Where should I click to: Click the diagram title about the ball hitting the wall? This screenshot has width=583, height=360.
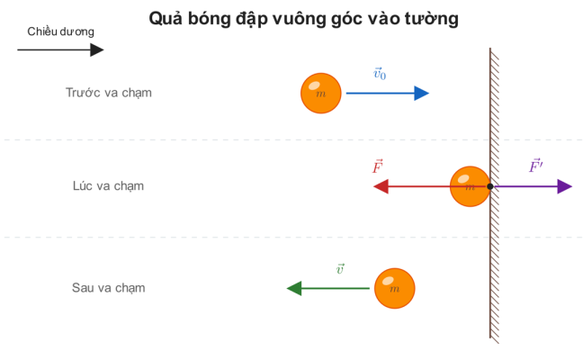(303, 19)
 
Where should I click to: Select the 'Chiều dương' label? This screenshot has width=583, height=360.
(60, 31)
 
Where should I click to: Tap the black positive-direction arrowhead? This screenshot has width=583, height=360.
(96, 49)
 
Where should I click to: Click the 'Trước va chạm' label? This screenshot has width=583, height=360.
(109, 93)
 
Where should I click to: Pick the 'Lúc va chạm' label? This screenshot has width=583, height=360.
(108, 186)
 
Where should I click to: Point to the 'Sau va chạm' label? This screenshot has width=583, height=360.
(108, 288)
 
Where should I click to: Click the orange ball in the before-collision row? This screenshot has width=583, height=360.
(321, 94)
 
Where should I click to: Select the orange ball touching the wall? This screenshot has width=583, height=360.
(470, 186)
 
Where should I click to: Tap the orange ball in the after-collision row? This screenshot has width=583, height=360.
(394, 288)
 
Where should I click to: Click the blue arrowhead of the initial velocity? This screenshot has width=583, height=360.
(422, 93)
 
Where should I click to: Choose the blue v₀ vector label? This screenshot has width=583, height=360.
(380, 73)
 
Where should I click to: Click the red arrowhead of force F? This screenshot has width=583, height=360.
(381, 186)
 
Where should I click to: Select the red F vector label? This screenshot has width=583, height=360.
(378, 166)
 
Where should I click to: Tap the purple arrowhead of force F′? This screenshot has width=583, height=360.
(565, 186)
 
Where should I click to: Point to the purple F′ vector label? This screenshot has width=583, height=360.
(536, 166)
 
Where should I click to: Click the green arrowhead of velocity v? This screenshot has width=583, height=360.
(294, 288)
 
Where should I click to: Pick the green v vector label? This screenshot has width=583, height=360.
(340, 268)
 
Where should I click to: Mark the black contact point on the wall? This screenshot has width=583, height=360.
(490, 186)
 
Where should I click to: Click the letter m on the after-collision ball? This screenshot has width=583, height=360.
(394, 289)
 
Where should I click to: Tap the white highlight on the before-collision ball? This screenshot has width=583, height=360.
(314, 85)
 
